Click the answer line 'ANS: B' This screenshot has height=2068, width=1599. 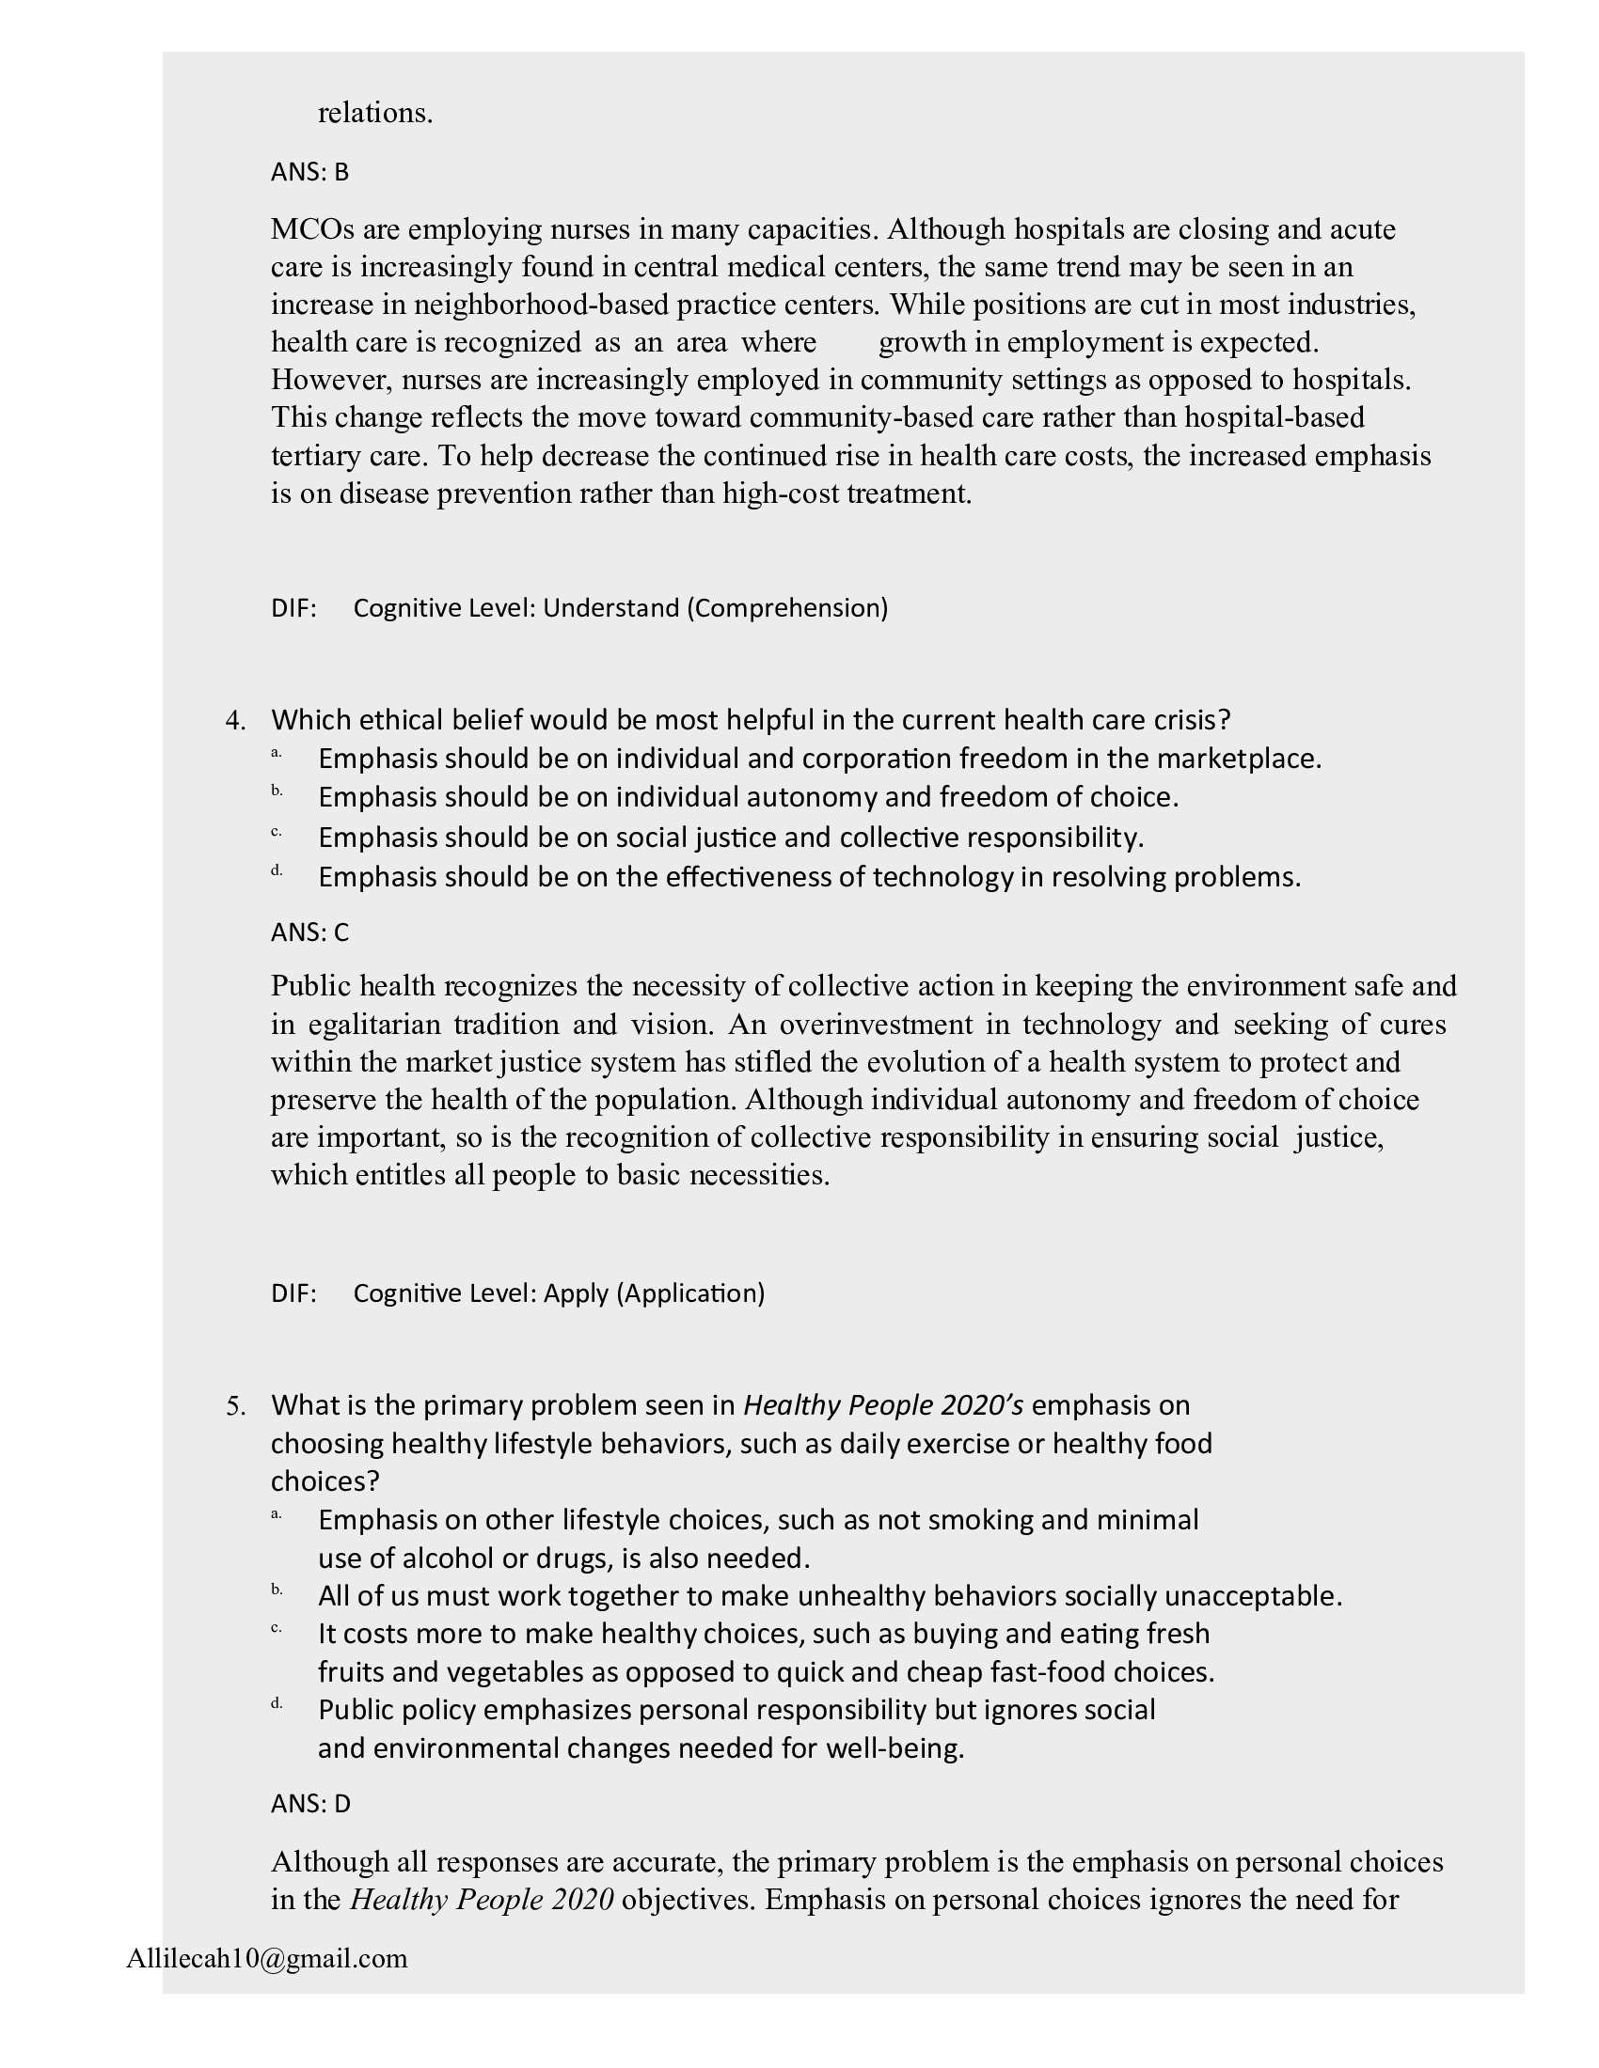[x=309, y=172]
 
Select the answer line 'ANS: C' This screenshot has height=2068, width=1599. [x=309, y=932]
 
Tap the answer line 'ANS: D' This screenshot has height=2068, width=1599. [x=310, y=1804]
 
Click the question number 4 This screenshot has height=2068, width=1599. [x=235, y=721]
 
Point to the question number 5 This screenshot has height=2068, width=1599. [x=235, y=1406]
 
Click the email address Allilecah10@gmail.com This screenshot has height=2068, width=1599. [x=266, y=1958]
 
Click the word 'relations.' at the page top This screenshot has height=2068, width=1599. [x=375, y=113]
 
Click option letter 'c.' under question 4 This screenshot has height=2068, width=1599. [x=277, y=832]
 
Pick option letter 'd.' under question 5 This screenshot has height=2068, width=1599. [x=277, y=1703]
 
